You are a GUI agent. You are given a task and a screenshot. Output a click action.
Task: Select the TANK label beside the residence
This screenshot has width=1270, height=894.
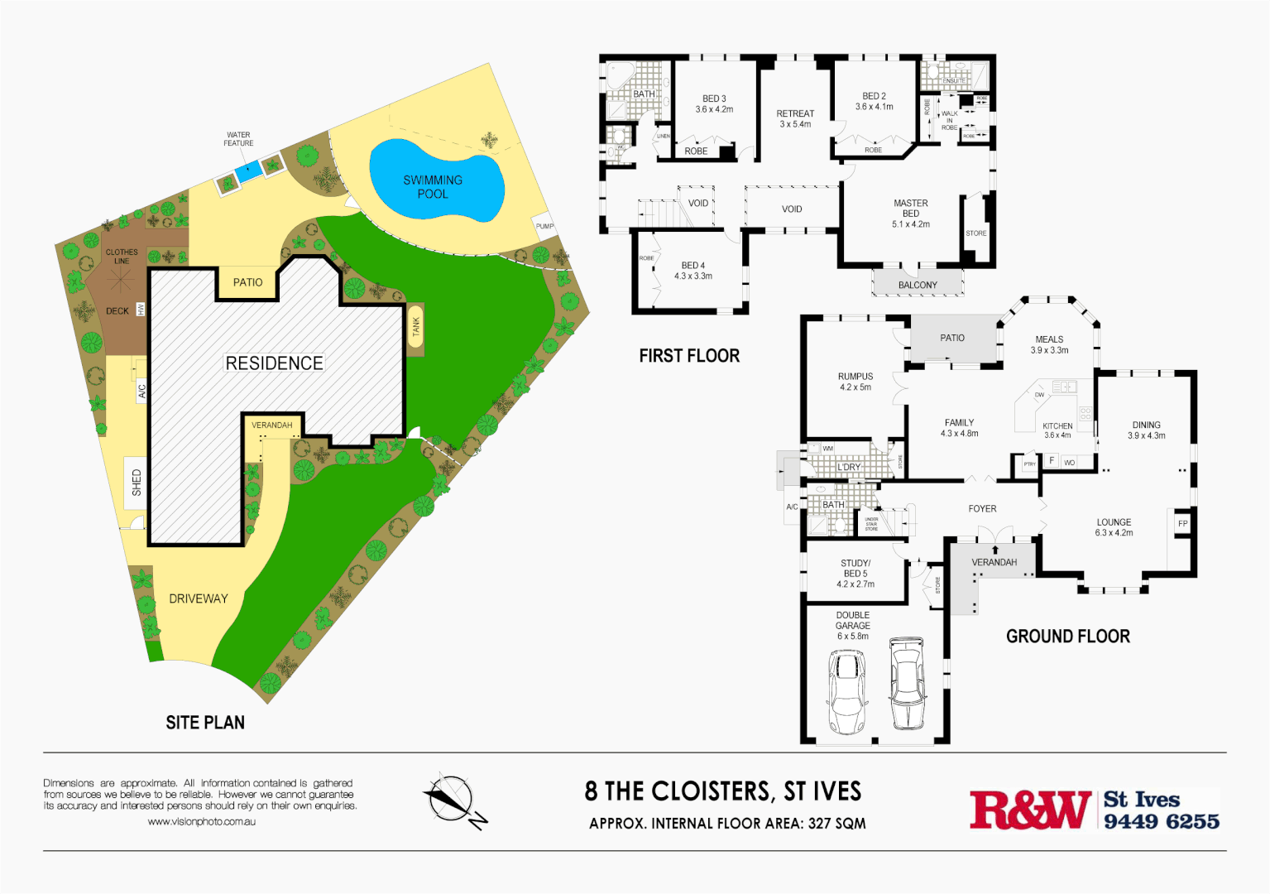(415, 327)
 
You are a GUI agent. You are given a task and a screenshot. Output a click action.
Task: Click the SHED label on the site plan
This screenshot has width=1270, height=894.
(137, 483)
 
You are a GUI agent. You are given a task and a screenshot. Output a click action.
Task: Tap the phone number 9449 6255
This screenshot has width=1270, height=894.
(1161, 821)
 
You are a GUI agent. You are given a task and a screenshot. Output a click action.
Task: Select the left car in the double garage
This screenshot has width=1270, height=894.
(846, 692)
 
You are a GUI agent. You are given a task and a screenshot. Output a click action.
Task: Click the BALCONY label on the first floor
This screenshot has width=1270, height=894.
(918, 285)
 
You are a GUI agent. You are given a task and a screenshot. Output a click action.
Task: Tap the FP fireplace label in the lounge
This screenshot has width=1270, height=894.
(1182, 524)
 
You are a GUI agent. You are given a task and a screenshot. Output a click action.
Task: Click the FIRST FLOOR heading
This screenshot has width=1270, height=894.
(689, 356)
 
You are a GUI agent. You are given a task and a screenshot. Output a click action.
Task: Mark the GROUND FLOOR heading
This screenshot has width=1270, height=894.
(1067, 637)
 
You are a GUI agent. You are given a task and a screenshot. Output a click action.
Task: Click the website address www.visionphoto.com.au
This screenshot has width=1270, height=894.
(202, 822)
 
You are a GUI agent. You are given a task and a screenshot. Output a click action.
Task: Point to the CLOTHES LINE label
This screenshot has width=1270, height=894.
(122, 256)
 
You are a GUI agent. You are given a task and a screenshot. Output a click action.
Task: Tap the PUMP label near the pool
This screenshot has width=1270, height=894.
(544, 226)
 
